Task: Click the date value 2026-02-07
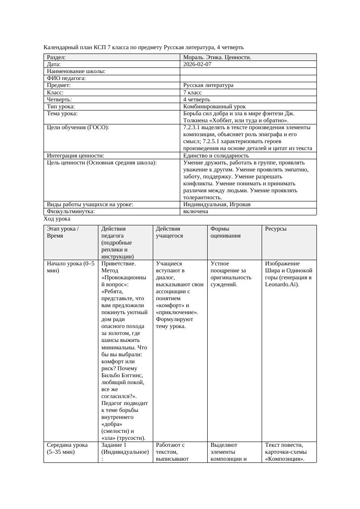(x=197, y=64)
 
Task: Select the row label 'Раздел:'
(x=56, y=57)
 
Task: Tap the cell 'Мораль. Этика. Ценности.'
(x=217, y=57)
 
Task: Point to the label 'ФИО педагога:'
(x=66, y=78)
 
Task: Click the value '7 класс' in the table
(x=192, y=93)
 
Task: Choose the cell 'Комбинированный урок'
(x=214, y=107)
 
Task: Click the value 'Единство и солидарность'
(x=216, y=156)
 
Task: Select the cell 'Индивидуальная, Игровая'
(x=217, y=204)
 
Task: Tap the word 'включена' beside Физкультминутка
(x=195, y=211)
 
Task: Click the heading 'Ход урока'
(x=57, y=219)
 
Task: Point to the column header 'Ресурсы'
(x=276, y=229)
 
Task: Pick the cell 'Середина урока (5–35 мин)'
(x=67, y=449)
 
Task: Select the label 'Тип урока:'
(x=61, y=107)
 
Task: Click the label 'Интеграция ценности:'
(x=75, y=156)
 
